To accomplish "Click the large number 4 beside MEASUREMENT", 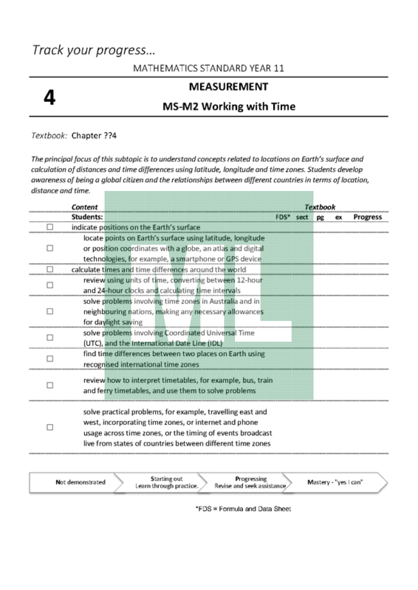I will point(49,98).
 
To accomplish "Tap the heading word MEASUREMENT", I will point(228,87).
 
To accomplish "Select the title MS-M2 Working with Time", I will point(228,107).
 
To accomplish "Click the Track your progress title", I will point(94,51).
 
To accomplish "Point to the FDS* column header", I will point(283,217).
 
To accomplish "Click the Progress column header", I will point(367,217).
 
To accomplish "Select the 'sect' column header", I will point(302,217).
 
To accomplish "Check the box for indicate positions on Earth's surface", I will point(50,227).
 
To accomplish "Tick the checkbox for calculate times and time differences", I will point(50,270).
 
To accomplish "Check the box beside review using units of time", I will point(50,285).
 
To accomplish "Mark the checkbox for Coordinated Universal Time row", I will point(50,338).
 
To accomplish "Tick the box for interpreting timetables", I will point(50,386).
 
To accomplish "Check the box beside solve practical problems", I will point(50,427).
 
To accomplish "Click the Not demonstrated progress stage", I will point(80,483).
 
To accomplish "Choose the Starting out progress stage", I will point(167,483).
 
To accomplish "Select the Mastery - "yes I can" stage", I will point(335,483).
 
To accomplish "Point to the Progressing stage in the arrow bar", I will point(250,483).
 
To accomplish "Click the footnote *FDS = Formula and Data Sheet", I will point(243,509).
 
